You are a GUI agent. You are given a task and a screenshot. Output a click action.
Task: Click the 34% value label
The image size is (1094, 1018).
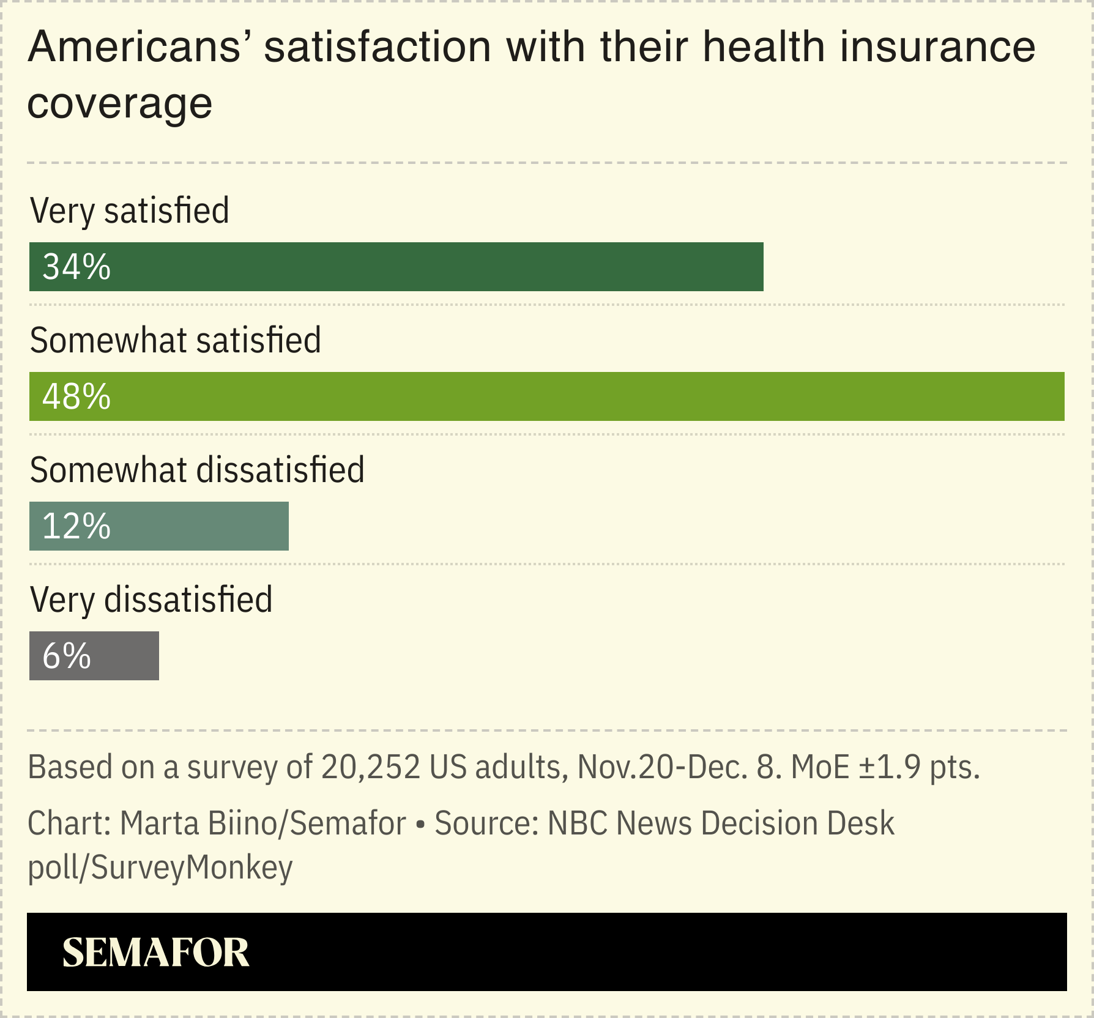(x=76, y=267)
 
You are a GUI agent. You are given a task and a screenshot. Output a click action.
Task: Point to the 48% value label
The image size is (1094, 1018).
(x=76, y=397)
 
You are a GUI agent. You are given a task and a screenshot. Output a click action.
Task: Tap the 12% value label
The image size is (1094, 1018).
(x=76, y=527)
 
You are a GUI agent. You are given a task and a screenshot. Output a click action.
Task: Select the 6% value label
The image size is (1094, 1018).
(x=67, y=656)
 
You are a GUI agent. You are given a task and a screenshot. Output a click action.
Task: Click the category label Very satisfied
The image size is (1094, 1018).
(x=129, y=211)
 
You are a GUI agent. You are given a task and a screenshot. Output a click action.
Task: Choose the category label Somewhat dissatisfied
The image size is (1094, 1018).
(x=197, y=470)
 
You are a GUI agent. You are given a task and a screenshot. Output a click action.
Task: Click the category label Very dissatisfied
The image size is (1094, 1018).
(x=151, y=600)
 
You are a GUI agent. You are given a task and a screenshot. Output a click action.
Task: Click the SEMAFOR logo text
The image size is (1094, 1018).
(x=155, y=953)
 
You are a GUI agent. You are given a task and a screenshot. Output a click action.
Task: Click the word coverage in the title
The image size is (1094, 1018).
(x=120, y=104)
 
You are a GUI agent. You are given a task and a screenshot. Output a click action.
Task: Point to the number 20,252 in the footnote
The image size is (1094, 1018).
(x=371, y=767)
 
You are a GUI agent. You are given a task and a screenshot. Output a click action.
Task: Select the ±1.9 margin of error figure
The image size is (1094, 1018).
(x=891, y=767)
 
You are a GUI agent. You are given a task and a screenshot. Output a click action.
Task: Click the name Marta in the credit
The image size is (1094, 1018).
(x=160, y=823)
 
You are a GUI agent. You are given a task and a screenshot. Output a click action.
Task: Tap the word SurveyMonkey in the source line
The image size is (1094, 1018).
(x=192, y=868)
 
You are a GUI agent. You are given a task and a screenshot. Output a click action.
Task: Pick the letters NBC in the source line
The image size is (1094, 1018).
(x=578, y=823)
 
